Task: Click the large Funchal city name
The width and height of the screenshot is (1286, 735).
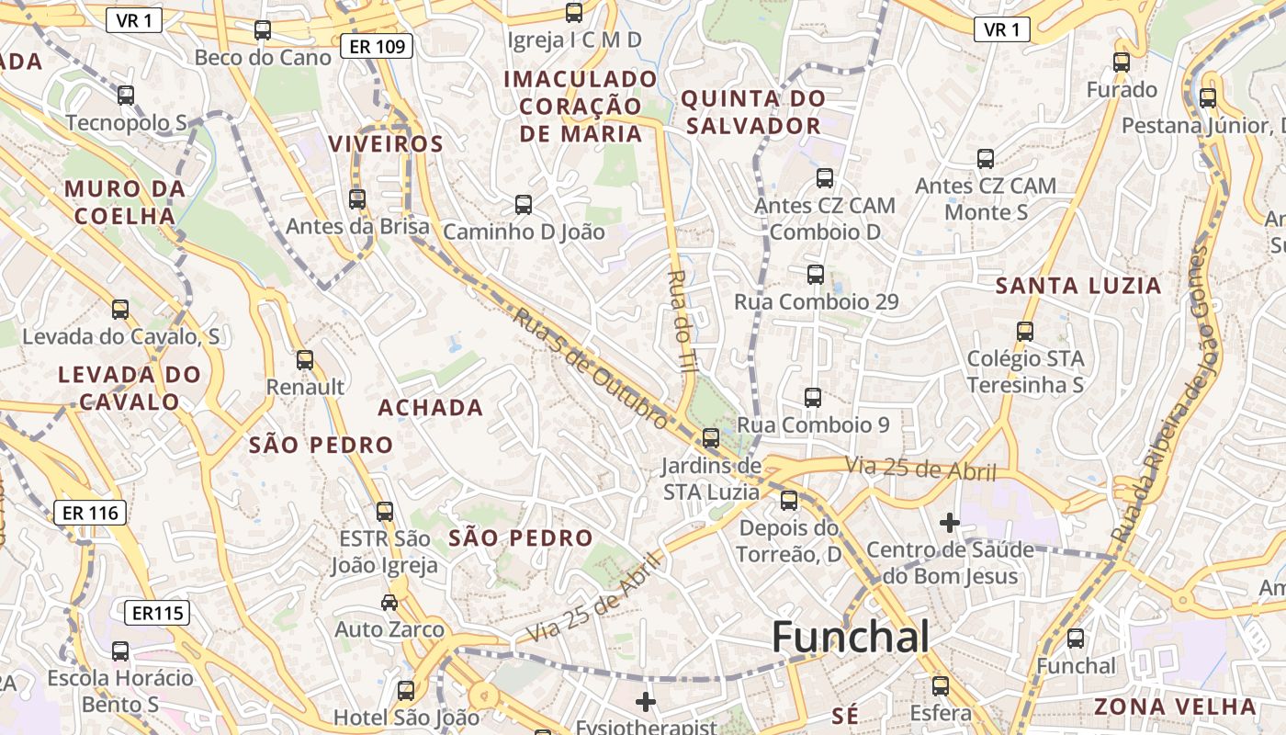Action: [851, 637]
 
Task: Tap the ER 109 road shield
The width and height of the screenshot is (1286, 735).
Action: [377, 46]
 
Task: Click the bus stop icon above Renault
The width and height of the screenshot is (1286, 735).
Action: [305, 360]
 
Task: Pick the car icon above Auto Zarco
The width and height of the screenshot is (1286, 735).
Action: [389, 603]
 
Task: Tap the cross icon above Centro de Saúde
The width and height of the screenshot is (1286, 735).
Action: [950, 524]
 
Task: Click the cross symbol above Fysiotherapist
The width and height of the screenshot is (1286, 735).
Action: [646, 703]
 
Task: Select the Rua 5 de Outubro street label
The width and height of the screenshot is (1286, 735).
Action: [590, 368]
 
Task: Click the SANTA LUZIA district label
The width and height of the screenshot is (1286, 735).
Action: [1078, 286]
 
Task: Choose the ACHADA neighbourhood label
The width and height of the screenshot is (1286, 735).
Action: [431, 408]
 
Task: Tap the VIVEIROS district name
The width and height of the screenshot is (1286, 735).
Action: [386, 144]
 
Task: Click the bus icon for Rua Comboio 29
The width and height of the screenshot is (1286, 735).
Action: [815, 274]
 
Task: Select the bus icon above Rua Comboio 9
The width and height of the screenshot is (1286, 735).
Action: [813, 398]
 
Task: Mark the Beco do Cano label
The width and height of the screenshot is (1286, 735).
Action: [263, 58]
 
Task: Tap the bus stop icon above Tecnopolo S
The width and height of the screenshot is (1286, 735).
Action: [126, 95]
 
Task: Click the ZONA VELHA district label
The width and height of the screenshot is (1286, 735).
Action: [1175, 707]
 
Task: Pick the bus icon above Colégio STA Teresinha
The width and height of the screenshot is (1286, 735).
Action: [1025, 332]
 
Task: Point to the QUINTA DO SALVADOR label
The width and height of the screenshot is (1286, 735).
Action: [754, 112]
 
